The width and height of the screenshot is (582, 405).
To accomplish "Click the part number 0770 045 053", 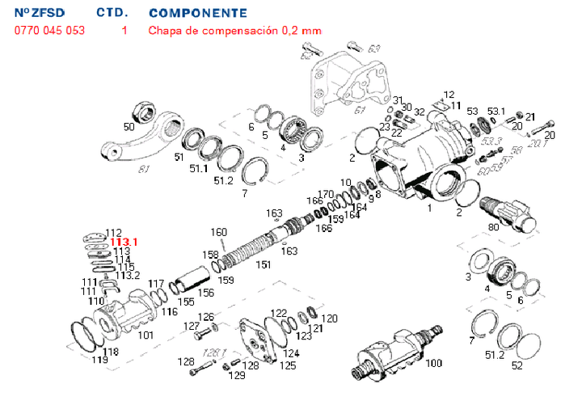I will [x=49, y=31].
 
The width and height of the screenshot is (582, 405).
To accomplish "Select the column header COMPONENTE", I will [x=198, y=14].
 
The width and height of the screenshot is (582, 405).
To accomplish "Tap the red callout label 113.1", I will [x=124, y=242].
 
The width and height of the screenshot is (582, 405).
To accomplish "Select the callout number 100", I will [x=434, y=364].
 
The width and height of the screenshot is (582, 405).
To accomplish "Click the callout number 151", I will [x=264, y=264].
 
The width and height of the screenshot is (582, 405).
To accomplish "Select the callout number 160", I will [x=218, y=233].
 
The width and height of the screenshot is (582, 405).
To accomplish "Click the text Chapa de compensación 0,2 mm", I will [x=234, y=31].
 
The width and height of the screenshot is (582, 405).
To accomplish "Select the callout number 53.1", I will [x=496, y=111].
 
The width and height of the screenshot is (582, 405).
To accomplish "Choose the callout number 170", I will [x=326, y=194].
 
